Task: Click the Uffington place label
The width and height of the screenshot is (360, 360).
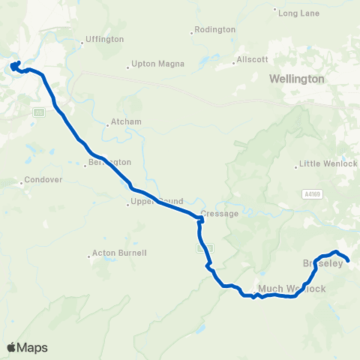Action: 105,39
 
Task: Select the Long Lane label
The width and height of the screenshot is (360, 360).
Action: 298,12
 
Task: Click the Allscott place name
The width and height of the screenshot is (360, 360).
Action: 253,58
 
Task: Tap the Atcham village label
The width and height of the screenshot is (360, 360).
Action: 126,121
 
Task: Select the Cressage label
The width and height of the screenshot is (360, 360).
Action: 223,214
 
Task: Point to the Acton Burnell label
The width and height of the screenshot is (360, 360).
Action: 118,253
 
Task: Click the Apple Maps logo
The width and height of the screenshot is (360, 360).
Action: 27,347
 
